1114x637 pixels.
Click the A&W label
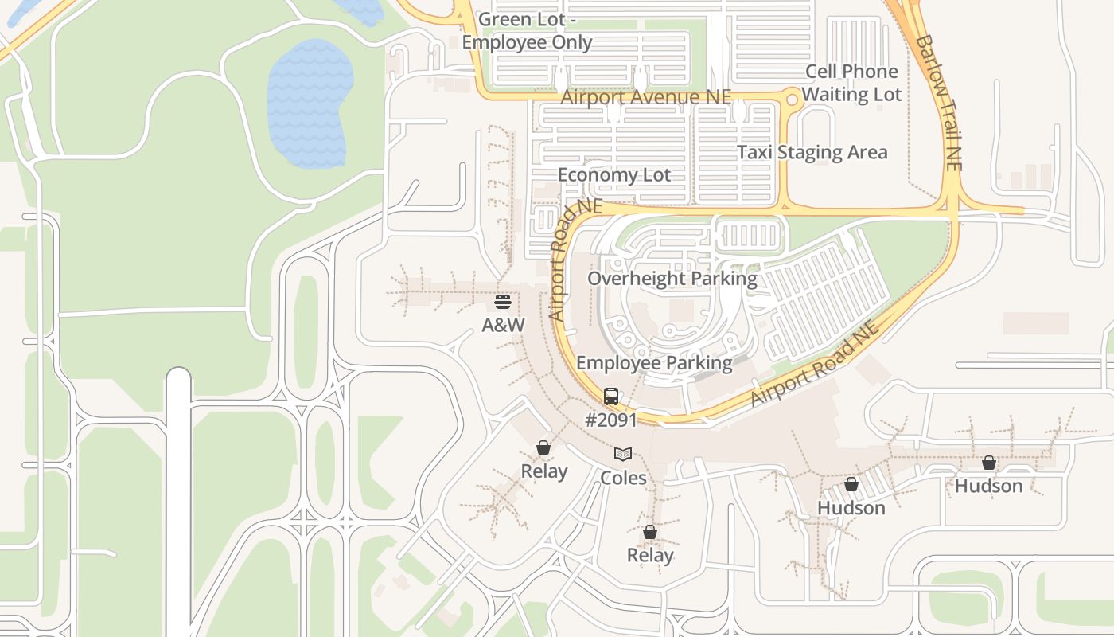click(x=504, y=325)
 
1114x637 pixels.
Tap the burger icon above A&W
click(x=502, y=302)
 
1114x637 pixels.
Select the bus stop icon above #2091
click(x=611, y=396)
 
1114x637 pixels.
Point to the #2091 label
click(x=611, y=420)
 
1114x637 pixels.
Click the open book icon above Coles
click(x=623, y=454)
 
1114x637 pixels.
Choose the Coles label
click(x=623, y=478)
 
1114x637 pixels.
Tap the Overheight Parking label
click(x=672, y=279)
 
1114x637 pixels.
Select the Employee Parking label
click(x=654, y=363)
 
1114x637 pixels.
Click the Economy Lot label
click(x=614, y=175)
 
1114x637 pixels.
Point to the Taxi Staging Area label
click(x=812, y=152)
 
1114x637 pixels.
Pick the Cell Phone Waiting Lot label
click(x=851, y=83)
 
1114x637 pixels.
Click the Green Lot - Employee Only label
click(x=527, y=31)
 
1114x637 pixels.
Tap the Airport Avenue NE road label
click(x=646, y=97)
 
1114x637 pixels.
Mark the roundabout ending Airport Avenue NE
click(x=792, y=99)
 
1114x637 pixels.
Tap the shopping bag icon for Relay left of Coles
click(x=543, y=447)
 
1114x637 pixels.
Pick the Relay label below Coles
click(x=650, y=555)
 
